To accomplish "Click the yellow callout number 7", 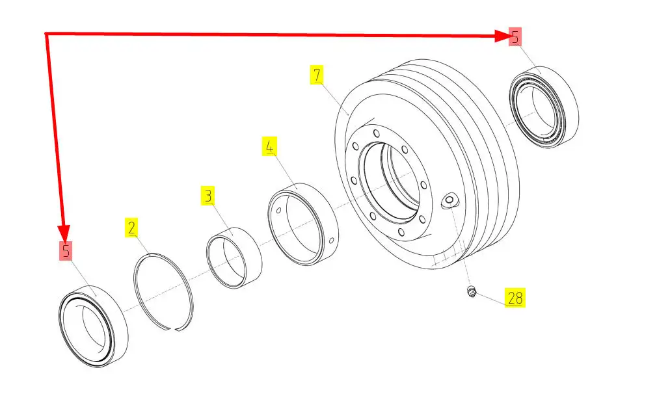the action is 317,75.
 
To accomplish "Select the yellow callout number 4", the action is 269,146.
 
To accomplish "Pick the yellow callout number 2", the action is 131,228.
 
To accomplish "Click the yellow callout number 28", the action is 515,298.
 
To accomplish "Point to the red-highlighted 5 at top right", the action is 515,37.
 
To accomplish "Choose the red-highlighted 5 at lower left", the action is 66,250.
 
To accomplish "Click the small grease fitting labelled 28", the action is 472,292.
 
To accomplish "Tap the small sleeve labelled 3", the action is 234,257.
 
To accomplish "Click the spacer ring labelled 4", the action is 303,224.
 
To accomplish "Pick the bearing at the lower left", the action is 93,326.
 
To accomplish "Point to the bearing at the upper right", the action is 544,107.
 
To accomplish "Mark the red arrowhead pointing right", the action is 502,36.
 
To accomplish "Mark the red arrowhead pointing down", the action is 64,233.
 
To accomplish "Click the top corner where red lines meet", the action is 46,33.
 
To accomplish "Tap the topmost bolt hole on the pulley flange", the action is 377,134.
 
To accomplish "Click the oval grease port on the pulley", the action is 449,200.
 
